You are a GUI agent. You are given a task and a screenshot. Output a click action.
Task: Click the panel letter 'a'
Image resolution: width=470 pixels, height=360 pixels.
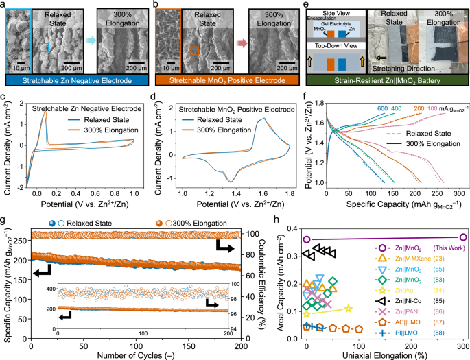[4, 5]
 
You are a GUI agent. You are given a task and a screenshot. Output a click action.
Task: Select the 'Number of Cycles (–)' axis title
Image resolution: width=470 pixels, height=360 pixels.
[137, 355]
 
